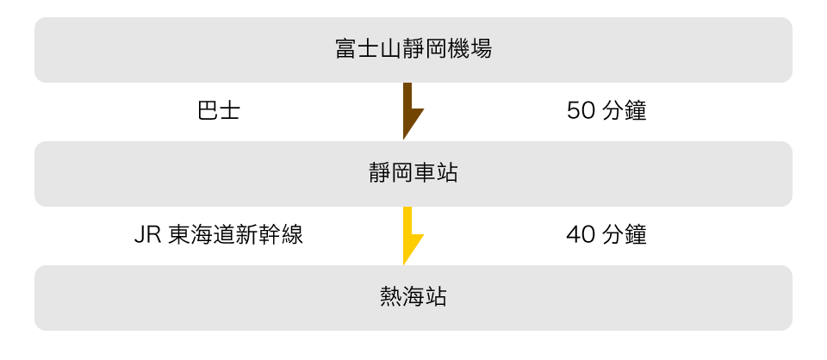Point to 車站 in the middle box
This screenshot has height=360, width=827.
[435, 174]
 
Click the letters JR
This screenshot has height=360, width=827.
[146, 235]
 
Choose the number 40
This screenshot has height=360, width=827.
[577, 235]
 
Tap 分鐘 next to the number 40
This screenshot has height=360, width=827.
[624, 235]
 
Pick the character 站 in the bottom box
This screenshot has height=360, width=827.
[435, 298]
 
